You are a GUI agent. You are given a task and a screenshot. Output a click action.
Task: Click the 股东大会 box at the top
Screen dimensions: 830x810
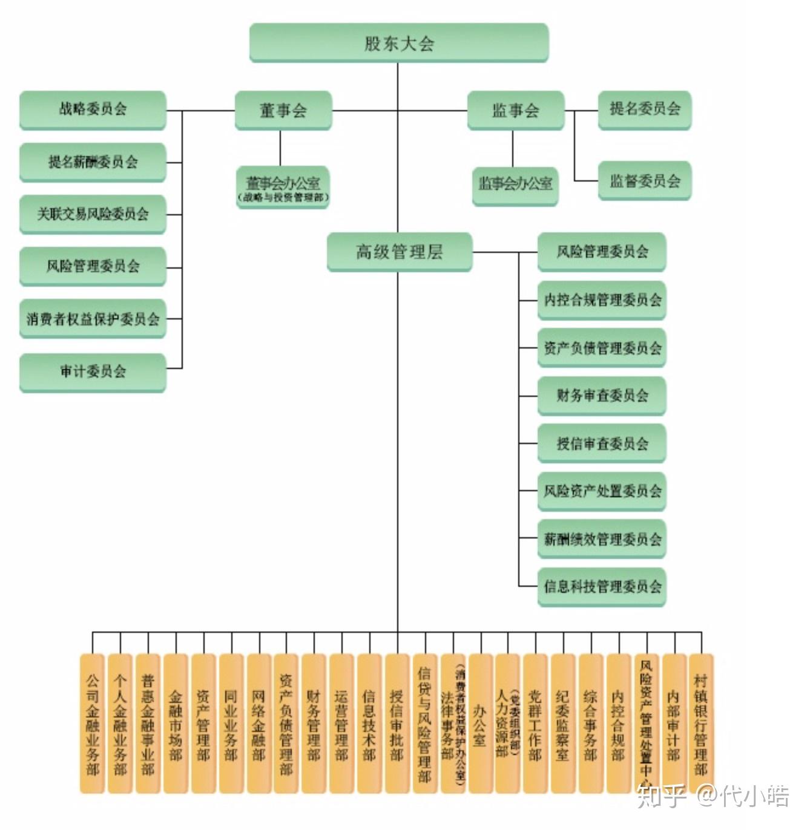click(x=398, y=43)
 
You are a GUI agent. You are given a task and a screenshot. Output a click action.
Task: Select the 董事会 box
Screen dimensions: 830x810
click(x=283, y=110)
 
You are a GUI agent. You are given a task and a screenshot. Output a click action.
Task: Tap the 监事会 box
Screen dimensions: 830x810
click(x=515, y=110)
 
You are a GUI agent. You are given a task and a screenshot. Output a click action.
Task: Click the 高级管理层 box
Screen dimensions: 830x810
click(x=399, y=252)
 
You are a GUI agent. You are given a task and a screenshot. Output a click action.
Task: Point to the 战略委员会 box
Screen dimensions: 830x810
click(x=93, y=109)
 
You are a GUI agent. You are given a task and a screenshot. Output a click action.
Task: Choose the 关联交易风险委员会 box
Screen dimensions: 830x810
click(x=93, y=214)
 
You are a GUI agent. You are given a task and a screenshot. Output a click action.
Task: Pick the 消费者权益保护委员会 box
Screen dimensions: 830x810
click(x=93, y=318)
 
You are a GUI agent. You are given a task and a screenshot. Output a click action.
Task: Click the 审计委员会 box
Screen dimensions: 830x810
click(x=93, y=371)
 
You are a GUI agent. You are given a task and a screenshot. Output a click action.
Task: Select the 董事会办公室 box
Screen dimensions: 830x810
click(x=283, y=188)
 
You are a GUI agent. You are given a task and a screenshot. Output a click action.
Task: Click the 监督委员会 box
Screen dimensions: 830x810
click(x=644, y=180)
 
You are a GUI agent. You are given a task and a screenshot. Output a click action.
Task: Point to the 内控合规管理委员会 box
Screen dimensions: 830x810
click(x=602, y=300)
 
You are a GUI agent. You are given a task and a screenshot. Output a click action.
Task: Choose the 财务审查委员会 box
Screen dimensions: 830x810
click(x=602, y=396)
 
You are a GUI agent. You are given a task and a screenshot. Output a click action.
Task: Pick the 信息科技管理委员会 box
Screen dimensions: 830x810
click(x=602, y=586)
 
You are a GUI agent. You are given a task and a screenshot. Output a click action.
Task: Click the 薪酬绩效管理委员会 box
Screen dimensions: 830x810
click(x=602, y=538)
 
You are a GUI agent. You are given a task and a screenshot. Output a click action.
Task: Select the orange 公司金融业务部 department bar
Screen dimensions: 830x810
click(x=93, y=723)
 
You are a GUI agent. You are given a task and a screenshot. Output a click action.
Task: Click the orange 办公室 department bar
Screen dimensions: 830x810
click(x=480, y=723)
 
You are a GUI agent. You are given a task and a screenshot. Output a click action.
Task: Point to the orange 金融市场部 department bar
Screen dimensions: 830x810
click(x=176, y=723)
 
